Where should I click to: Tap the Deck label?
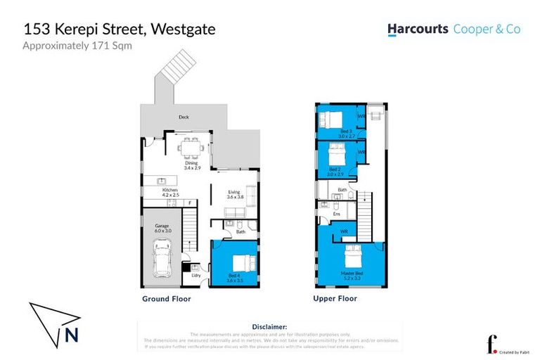click(x=184, y=117)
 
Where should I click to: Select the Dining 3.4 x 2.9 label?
click(x=192, y=165)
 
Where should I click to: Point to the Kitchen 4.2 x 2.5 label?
click(x=169, y=193)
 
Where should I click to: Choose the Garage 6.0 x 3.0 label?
click(x=162, y=229)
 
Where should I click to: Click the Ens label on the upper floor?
click(x=326, y=214)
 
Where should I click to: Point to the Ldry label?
click(x=196, y=275)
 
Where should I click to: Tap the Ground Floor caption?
click(x=166, y=299)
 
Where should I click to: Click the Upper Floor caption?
click(x=335, y=299)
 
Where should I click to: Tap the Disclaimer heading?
click(x=269, y=327)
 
